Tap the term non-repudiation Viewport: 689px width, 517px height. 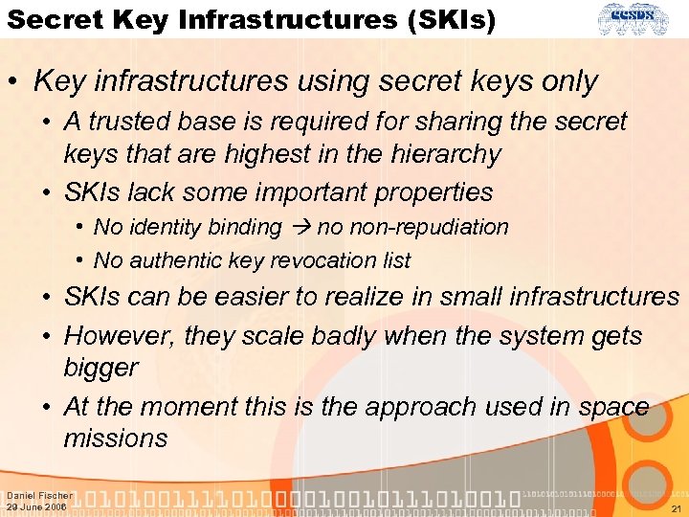[412, 228]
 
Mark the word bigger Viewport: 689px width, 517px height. [100, 368]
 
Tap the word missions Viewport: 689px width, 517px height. [115, 438]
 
